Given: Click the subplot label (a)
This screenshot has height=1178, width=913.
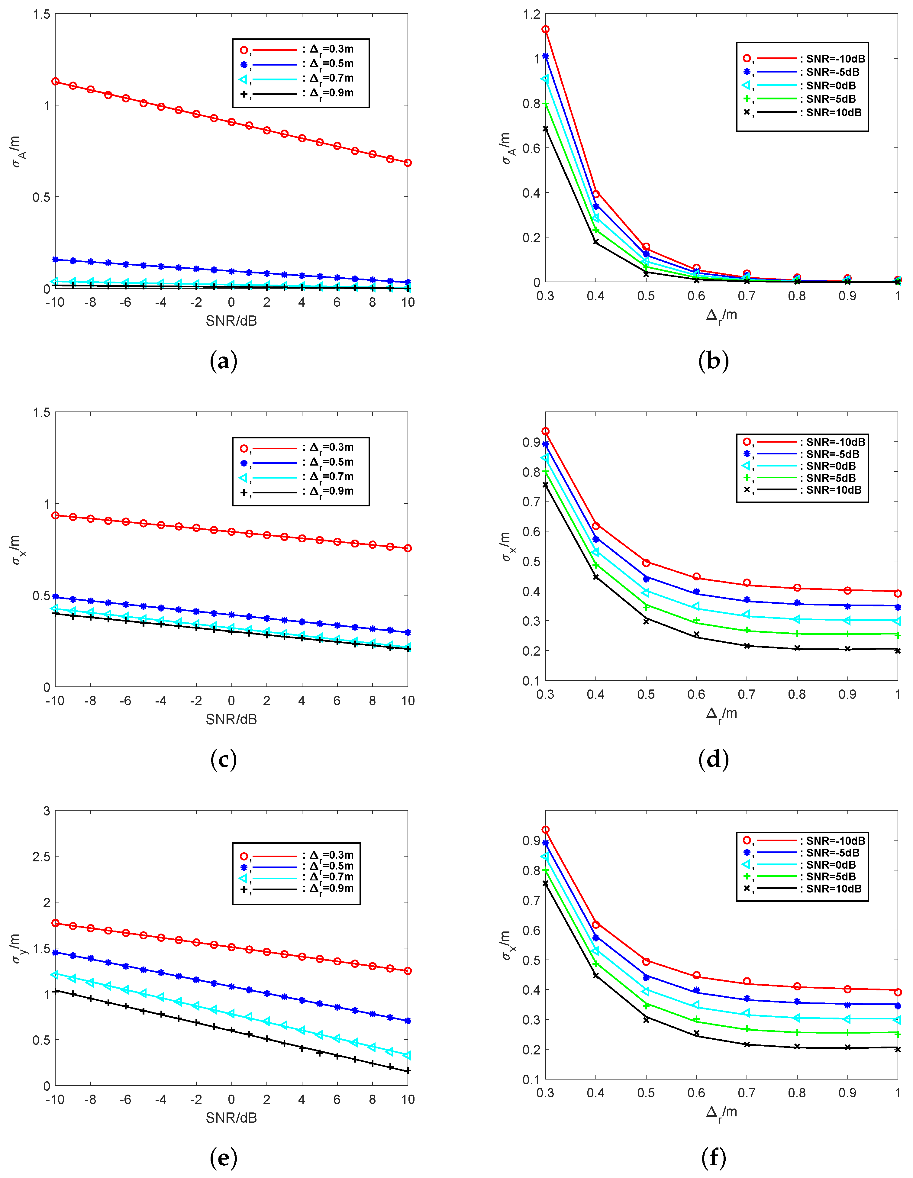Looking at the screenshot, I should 223,361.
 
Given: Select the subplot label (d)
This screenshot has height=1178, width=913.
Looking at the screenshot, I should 714,760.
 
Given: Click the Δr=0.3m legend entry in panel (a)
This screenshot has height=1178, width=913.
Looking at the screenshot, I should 299,50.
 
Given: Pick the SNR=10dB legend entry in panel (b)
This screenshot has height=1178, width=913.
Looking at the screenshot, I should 804,113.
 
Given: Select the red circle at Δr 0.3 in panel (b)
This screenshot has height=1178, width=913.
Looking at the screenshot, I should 545,29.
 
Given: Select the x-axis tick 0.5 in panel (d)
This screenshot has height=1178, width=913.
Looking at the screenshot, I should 646,695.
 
